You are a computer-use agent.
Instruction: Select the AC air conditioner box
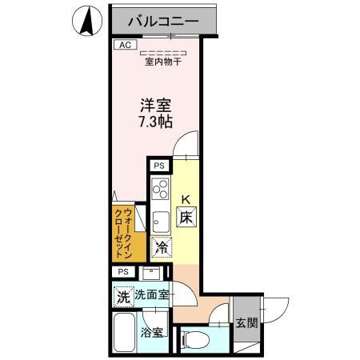[x=124, y=46]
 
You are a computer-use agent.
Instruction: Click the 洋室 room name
[x=154, y=104]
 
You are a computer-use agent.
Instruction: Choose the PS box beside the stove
[x=158, y=166]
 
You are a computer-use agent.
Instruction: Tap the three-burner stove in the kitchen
[x=159, y=190]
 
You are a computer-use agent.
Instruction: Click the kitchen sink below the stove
[x=158, y=218]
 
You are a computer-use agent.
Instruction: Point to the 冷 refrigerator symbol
[x=161, y=248]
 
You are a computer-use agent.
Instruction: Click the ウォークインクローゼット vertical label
[x=128, y=234]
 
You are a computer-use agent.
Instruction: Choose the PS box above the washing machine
[x=122, y=271]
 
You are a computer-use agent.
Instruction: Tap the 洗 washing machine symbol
[x=122, y=296]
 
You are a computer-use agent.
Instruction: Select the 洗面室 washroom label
[x=151, y=295]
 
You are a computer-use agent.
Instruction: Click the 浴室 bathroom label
[x=152, y=331]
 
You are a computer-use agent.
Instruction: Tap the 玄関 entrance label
[x=246, y=324]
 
